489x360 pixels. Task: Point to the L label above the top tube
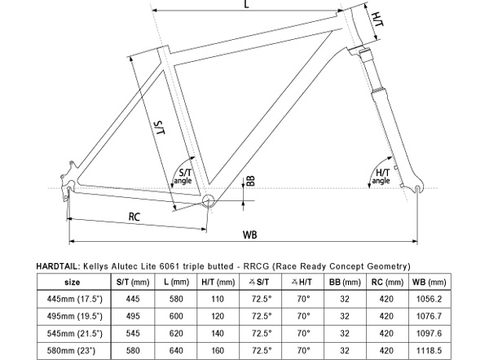246,6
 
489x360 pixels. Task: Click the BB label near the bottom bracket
251,181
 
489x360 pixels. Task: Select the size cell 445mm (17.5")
72,298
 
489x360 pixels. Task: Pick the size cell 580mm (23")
72,351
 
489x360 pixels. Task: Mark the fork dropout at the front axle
419,190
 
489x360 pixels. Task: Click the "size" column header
72,281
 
